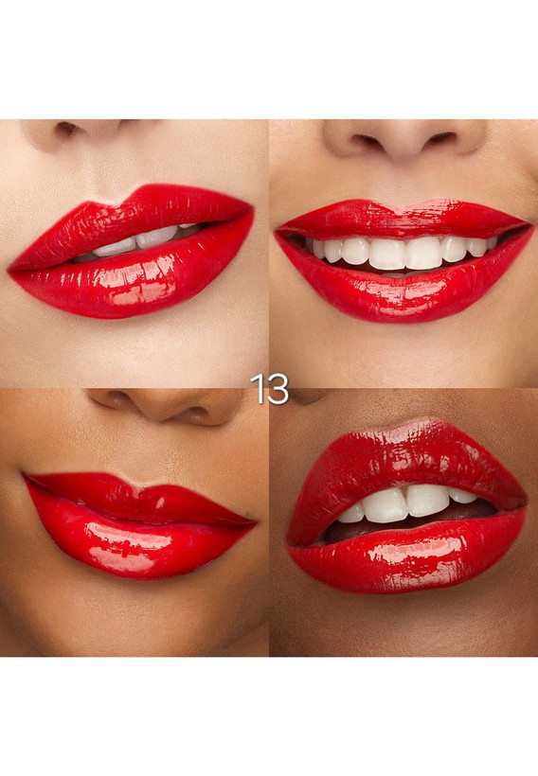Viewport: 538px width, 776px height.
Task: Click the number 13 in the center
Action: (270, 389)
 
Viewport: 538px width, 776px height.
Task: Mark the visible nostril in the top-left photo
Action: (67, 130)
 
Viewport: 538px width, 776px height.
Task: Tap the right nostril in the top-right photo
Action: (439, 139)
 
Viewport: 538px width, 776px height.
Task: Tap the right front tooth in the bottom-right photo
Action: (427, 500)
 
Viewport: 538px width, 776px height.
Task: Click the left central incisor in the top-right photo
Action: (387, 254)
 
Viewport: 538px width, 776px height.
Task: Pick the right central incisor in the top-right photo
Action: (423, 253)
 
